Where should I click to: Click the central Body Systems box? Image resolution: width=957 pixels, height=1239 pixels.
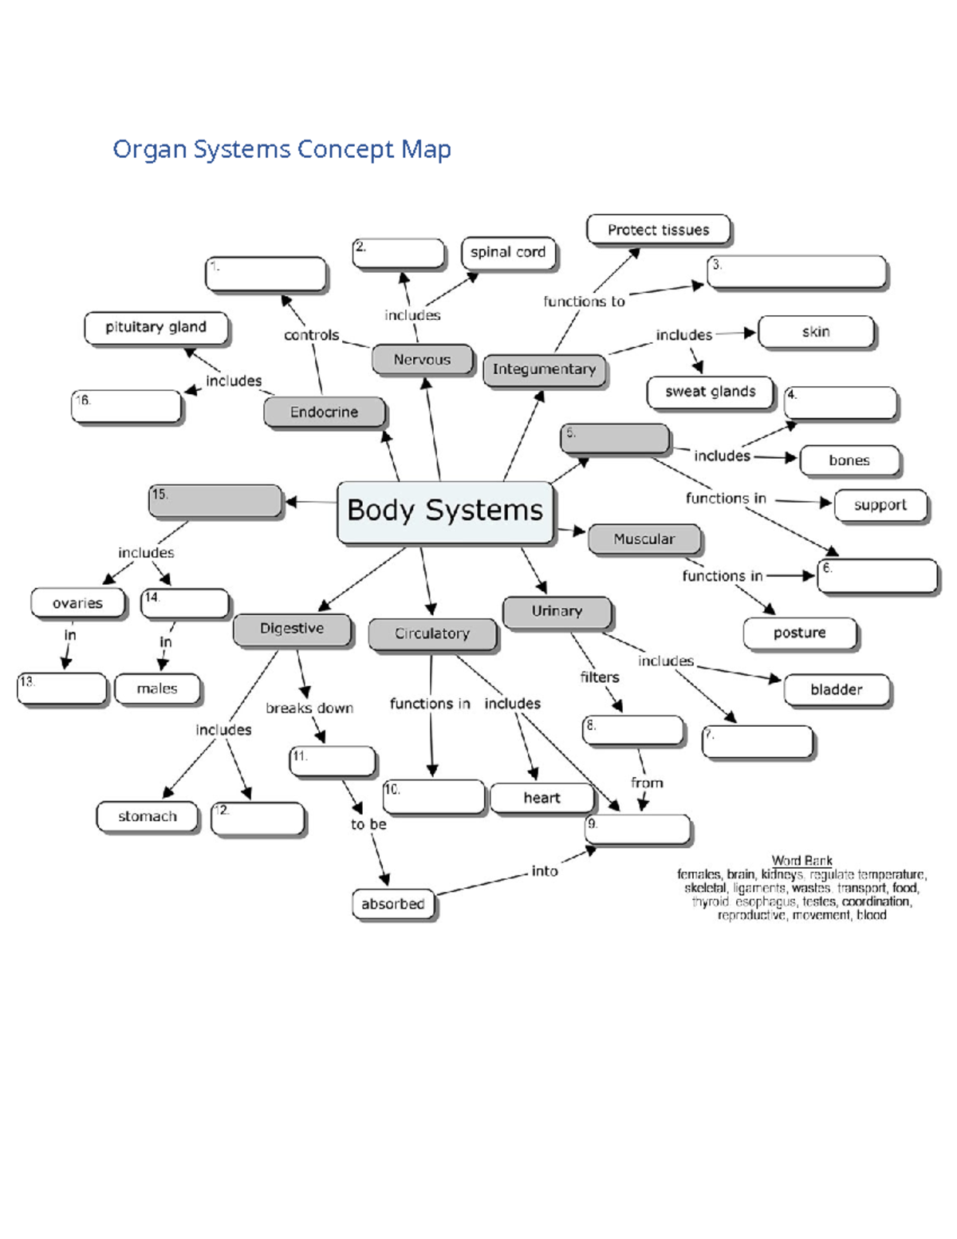pos(445,511)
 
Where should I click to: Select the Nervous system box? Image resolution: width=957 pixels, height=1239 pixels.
pos(422,360)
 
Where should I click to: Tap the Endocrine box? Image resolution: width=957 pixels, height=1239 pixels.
pos(324,412)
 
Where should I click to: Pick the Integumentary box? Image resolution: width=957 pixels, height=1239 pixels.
pos(544,369)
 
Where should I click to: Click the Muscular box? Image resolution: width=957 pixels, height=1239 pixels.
pos(644,539)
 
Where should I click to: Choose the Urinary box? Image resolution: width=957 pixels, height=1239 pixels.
pos(557,612)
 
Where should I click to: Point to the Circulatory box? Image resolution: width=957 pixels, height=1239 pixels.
pos(432,633)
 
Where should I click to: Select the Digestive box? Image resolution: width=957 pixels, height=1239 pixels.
pos(292,629)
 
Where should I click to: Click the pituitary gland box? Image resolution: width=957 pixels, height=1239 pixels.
pos(156,327)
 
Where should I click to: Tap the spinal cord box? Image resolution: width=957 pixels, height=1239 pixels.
pos(508,253)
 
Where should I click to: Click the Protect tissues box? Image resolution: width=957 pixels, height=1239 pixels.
pos(658,230)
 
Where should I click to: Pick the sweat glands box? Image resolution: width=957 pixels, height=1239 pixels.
pos(710,392)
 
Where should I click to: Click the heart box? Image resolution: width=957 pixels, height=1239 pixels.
pos(542,798)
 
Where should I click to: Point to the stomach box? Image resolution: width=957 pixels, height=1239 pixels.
pos(148,817)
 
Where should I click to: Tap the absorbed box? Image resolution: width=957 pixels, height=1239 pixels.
pos(393,904)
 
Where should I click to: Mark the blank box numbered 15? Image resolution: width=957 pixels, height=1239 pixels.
pos(215,501)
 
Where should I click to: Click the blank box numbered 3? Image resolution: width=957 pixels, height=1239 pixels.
pos(797,271)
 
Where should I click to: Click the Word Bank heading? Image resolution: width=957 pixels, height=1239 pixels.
pos(801,860)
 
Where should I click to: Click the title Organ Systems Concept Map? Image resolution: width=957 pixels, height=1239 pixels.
pos(282,149)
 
